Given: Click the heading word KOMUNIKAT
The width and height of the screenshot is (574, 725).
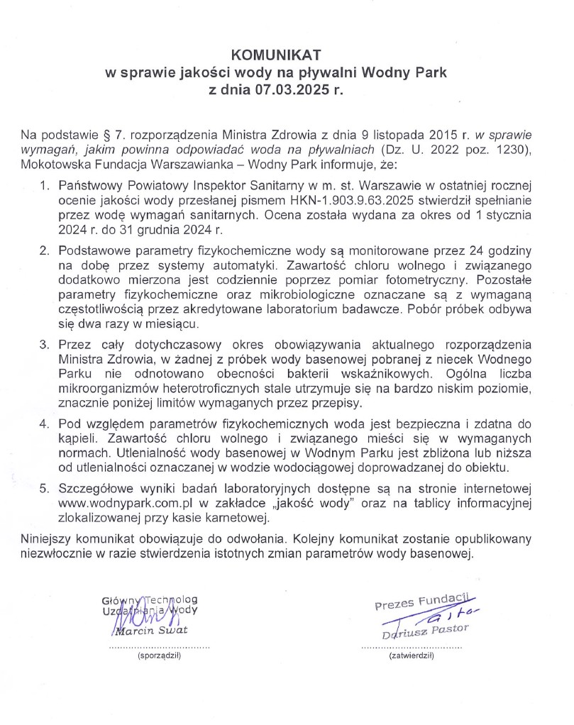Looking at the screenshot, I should click(x=277, y=55).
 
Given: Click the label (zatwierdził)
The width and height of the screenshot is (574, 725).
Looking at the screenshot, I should click(x=412, y=657).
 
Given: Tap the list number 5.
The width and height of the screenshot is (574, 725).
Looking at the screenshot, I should click(x=44, y=489).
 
